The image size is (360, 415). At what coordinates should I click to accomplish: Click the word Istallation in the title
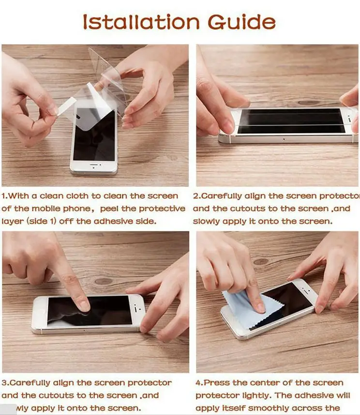click(140, 22)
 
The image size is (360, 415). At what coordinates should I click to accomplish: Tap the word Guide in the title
click(241, 22)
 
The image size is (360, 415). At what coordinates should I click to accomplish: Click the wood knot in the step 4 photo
click(261, 261)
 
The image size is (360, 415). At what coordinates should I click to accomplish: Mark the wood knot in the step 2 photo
click(310, 103)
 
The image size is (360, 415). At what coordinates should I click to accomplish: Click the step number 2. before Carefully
click(196, 196)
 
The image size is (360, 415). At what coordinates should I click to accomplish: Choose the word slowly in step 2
click(207, 221)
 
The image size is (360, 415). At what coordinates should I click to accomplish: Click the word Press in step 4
click(217, 383)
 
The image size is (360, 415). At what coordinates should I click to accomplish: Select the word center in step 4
click(270, 383)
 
